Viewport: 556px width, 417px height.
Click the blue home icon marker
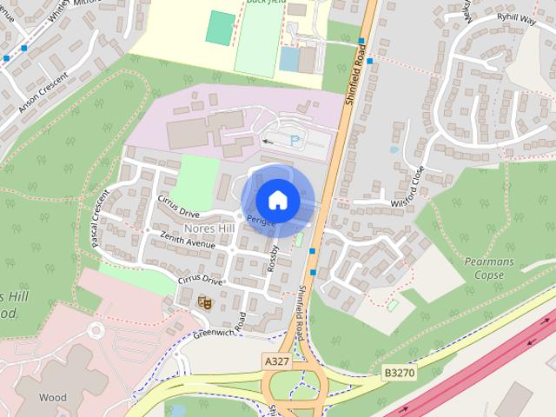point(277,200)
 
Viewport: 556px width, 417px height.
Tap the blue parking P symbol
point(295,140)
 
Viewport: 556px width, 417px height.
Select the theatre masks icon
point(206,301)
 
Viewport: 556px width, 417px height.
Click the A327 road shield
point(275,359)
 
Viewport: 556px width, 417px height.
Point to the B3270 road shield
point(399,371)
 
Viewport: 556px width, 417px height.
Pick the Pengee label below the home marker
point(261,222)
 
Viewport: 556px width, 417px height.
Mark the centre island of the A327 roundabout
point(294,387)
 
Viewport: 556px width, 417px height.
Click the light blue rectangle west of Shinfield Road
point(289,59)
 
